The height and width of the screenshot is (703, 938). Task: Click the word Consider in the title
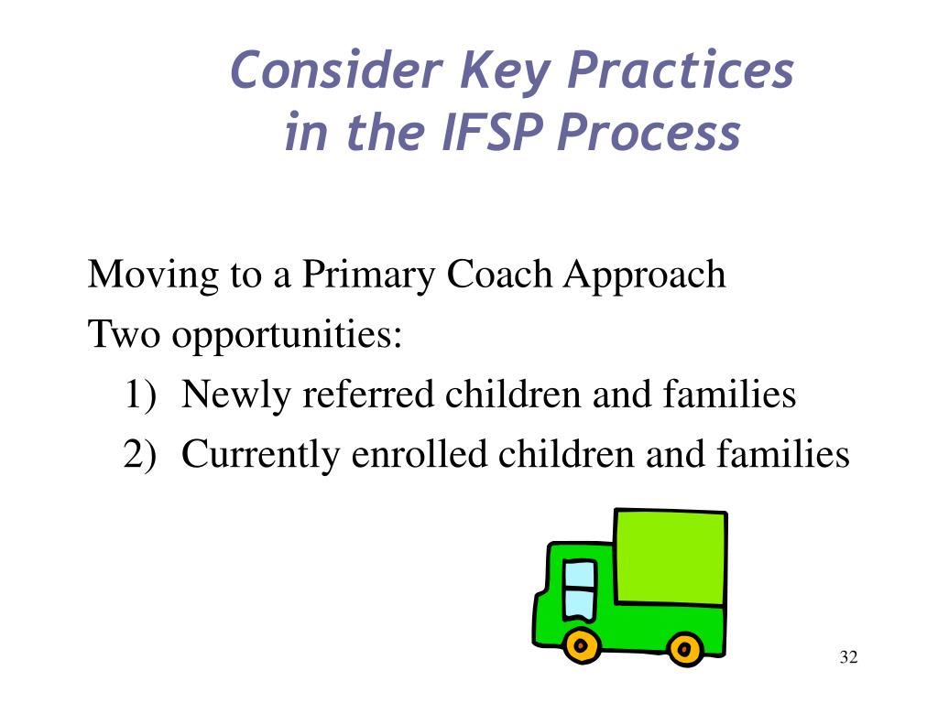[336, 70]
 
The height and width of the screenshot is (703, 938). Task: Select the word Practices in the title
[681, 70]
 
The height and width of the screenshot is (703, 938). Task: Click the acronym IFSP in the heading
[492, 131]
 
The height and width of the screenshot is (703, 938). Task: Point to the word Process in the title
[649, 131]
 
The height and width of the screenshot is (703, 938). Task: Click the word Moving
[153, 276]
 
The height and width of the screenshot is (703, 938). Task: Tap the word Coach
[499, 274]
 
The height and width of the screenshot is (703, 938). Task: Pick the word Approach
[644, 276]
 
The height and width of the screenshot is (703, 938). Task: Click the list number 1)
[140, 395]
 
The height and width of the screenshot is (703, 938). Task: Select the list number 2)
[140, 454]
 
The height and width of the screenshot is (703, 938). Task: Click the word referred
[368, 394]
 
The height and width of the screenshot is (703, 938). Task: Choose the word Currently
[261, 456]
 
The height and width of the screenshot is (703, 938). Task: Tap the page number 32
[849, 657]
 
